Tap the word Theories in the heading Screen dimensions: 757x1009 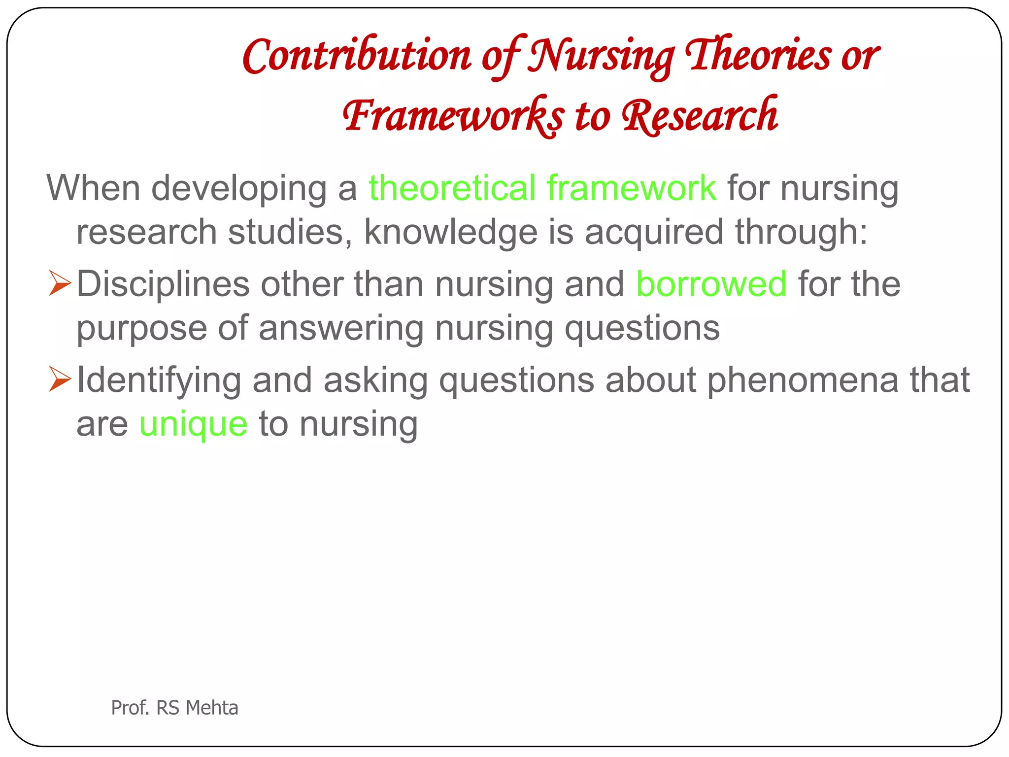[758, 55]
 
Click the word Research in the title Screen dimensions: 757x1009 [700, 115]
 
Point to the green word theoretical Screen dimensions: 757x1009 [452, 188]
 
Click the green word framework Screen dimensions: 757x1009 [631, 188]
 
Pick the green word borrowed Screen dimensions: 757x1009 [711, 284]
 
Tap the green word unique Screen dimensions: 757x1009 [193, 424]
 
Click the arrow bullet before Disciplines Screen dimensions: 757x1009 [60, 285]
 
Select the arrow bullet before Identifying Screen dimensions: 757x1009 [60, 381]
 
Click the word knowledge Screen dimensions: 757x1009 [450, 232]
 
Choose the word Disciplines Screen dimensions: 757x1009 [163, 284]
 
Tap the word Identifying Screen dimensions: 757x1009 [159, 381]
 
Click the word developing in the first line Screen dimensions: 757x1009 [238, 188]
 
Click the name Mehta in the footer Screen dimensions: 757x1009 [212, 708]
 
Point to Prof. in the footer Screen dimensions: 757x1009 [130, 708]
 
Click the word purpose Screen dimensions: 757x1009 [142, 328]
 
